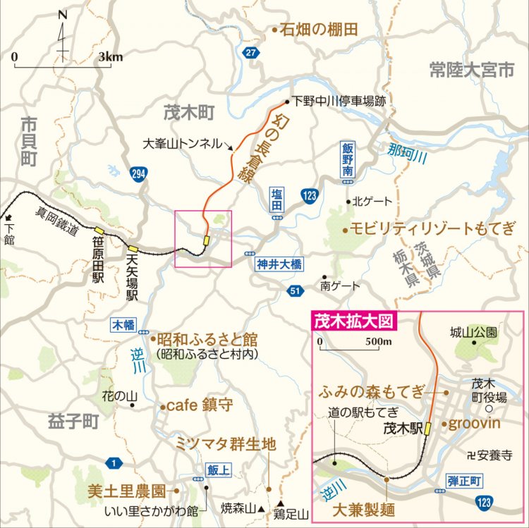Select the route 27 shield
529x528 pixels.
tap(250, 53)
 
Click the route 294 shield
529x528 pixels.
tap(138, 173)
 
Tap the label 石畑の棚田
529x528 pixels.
tap(320, 30)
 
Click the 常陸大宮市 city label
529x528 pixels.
tap(473, 69)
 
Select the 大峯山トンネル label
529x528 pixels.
tap(183, 142)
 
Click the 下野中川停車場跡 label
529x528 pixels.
tap(340, 101)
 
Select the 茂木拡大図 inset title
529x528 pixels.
tap(353, 322)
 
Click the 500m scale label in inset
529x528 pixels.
tap(377, 343)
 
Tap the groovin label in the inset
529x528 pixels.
tap(474, 424)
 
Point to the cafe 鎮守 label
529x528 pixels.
tap(200, 406)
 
